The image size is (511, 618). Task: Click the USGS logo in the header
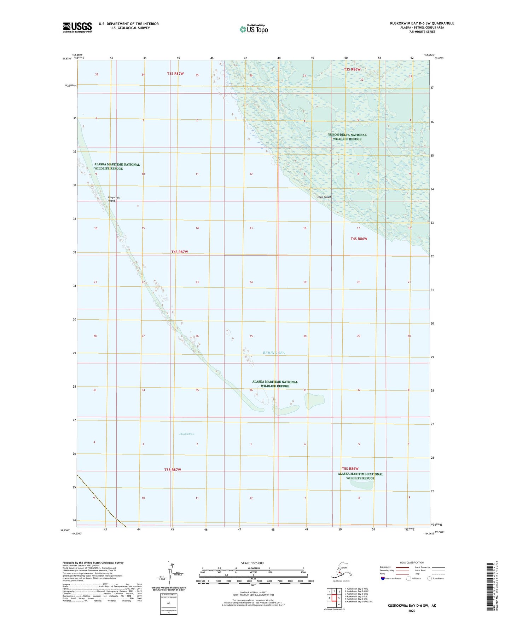point(77,27)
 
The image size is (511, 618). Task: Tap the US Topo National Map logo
point(253,29)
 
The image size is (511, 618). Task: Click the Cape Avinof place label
point(324,197)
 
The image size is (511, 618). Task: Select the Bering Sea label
point(274,353)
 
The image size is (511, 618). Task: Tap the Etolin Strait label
point(187,434)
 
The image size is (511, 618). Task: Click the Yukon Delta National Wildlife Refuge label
point(347,137)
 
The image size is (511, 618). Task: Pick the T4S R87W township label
point(180,252)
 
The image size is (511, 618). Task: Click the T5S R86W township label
point(350,469)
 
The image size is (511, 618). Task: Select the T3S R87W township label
point(175,74)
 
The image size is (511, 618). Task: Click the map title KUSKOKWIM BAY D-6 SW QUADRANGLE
point(422,23)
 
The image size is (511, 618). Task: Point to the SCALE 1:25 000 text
point(252,563)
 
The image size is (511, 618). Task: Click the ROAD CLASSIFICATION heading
point(412,562)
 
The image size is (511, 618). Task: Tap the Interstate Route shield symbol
point(383,578)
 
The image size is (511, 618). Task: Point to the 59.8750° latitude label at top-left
point(67,59)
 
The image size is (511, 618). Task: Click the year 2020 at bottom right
point(411,611)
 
